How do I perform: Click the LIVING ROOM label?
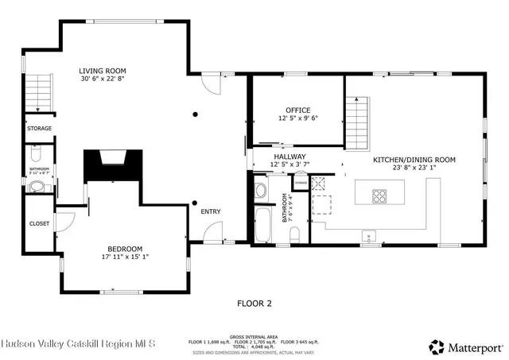102,70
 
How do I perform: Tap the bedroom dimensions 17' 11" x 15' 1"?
126,257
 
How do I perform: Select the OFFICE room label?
298,110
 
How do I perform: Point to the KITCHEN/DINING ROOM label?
414,160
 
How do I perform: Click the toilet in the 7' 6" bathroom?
293,232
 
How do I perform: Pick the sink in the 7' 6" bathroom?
260,189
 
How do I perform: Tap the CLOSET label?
39,224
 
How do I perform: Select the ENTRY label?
211,211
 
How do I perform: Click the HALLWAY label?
289,157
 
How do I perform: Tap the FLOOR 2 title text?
254,303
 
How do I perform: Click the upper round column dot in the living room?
194,114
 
